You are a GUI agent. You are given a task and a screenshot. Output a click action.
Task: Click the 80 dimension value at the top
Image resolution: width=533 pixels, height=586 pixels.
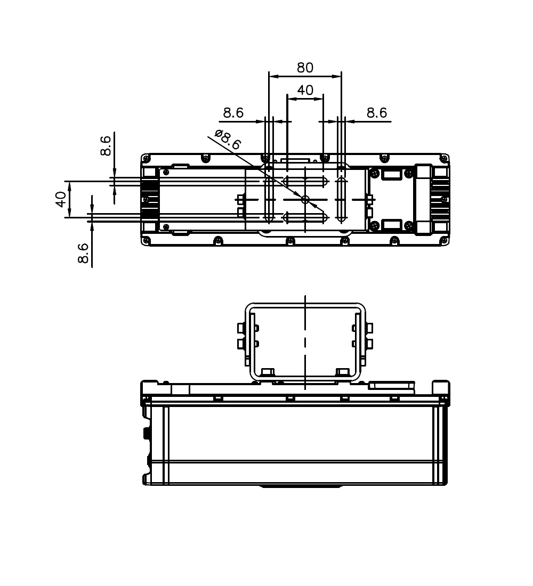click(305, 68)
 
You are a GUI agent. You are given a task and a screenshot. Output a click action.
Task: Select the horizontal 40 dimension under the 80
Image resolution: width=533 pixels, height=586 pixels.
click(305, 91)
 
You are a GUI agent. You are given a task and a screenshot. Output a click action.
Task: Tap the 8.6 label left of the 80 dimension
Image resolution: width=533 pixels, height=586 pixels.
click(233, 113)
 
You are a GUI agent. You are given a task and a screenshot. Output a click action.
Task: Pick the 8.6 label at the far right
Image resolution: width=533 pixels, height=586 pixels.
click(376, 113)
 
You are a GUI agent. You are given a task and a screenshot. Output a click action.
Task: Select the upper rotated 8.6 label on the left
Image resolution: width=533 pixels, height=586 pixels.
click(106, 145)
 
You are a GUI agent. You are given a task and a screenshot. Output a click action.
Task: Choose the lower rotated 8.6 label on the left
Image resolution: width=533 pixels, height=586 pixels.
click(83, 254)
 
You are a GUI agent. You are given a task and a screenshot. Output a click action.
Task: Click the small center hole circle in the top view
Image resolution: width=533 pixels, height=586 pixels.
click(305, 199)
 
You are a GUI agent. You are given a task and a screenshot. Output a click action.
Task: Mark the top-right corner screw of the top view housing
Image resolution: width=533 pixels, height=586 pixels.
click(445, 158)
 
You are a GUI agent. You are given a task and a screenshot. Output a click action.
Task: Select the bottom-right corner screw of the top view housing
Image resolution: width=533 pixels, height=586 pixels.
click(445, 241)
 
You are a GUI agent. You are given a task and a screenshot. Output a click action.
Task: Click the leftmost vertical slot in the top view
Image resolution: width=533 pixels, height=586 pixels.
click(269, 199)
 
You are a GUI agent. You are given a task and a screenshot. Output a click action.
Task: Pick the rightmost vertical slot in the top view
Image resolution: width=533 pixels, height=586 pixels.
click(341, 199)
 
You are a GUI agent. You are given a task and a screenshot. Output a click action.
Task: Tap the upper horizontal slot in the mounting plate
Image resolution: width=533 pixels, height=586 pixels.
click(305, 181)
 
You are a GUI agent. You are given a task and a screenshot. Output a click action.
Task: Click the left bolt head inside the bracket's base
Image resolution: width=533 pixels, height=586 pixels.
click(268, 371)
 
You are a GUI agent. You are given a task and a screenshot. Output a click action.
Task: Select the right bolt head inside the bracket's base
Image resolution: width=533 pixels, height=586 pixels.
click(342, 371)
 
